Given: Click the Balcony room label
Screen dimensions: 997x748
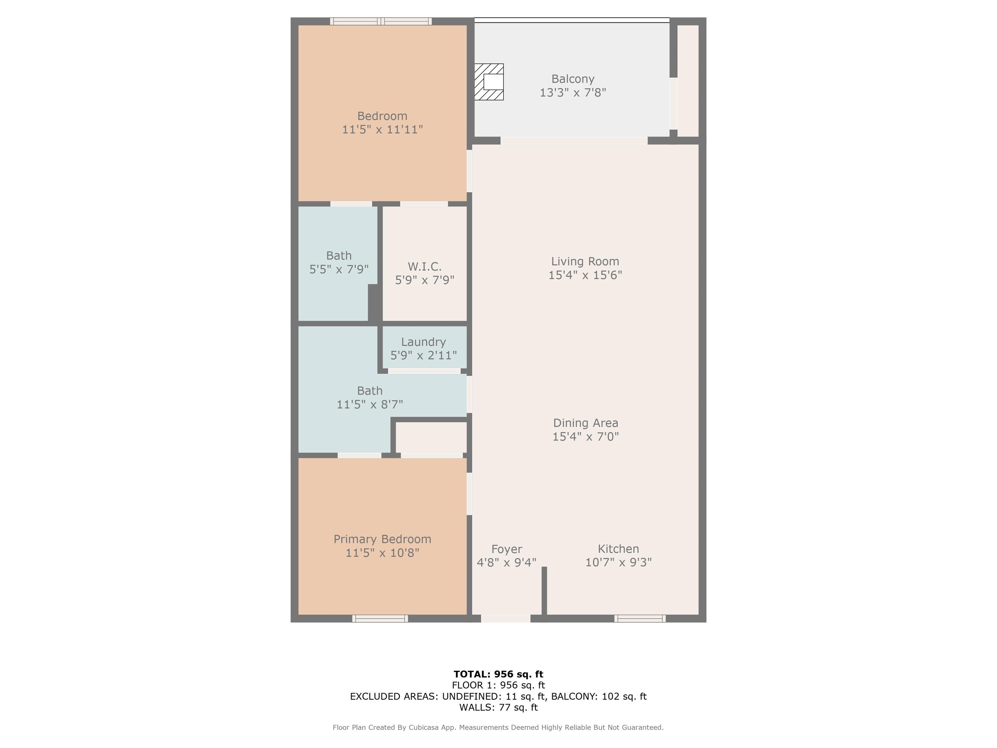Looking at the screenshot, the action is tap(572, 79).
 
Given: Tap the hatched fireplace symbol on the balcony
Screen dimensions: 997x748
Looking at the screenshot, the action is tap(489, 81).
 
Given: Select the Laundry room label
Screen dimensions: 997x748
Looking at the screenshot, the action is tap(423, 342).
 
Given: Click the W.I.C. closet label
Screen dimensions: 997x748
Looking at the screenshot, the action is tap(424, 266).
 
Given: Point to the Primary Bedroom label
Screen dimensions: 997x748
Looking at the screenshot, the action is tap(382, 539).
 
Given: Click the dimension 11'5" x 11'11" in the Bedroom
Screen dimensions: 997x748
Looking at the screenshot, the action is tap(382, 130).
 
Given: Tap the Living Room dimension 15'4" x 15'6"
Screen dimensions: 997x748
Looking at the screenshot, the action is tap(585, 275).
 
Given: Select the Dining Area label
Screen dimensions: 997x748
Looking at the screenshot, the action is tap(585, 423).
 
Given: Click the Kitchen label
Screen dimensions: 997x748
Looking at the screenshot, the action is tap(618, 549).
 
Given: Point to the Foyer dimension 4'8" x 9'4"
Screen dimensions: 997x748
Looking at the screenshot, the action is tap(507, 563).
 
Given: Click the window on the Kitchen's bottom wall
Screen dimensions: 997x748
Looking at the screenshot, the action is tap(640, 618).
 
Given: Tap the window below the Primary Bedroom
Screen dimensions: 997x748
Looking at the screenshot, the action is tap(380, 618).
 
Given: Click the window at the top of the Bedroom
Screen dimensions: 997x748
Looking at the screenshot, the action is tap(381, 21).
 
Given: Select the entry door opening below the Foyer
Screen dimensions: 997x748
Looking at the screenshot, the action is tap(506, 618).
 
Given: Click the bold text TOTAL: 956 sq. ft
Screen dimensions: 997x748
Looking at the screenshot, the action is tap(498, 674).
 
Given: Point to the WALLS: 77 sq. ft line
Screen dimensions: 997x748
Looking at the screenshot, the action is tap(498, 707).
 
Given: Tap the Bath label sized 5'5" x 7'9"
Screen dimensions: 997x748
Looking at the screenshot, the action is tap(339, 256).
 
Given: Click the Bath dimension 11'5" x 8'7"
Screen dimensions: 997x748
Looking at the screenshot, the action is tap(370, 405).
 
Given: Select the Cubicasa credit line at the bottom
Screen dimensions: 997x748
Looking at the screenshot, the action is tap(498, 727).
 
